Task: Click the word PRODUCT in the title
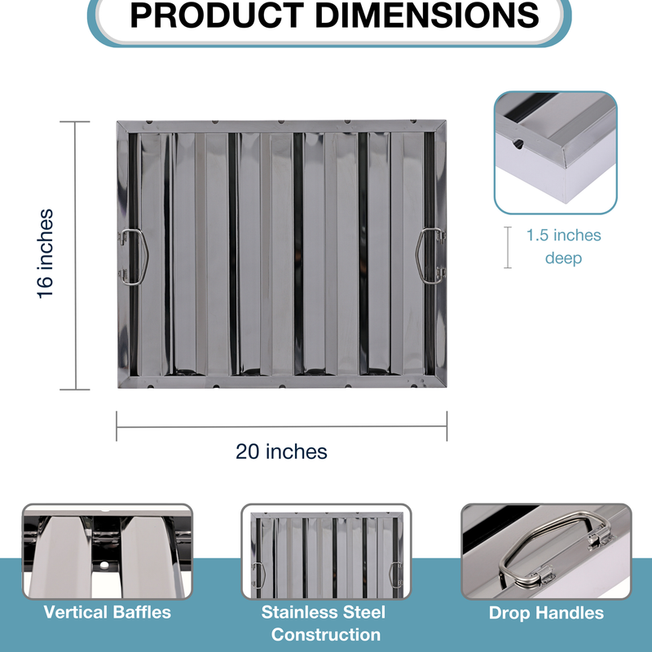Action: pos(217,15)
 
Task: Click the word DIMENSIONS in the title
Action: pos(426,15)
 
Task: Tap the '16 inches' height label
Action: pos(46,253)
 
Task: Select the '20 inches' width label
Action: pos(281,452)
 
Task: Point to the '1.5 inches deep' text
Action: pos(563,247)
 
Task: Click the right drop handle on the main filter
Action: pos(430,256)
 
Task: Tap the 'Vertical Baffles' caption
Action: pos(108,613)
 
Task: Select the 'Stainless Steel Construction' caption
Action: pos(324,623)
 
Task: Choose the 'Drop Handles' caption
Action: pos(546,613)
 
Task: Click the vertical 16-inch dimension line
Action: pos(75,256)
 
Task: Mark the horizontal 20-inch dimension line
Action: pos(281,426)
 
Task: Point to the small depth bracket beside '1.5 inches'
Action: pos(508,248)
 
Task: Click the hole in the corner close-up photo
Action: pos(518,144)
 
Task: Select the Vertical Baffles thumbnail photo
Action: pos(108,552)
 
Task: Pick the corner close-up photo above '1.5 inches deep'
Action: pos(556,152)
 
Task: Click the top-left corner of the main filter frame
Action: pos(117,121)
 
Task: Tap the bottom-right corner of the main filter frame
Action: pos(446,386)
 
